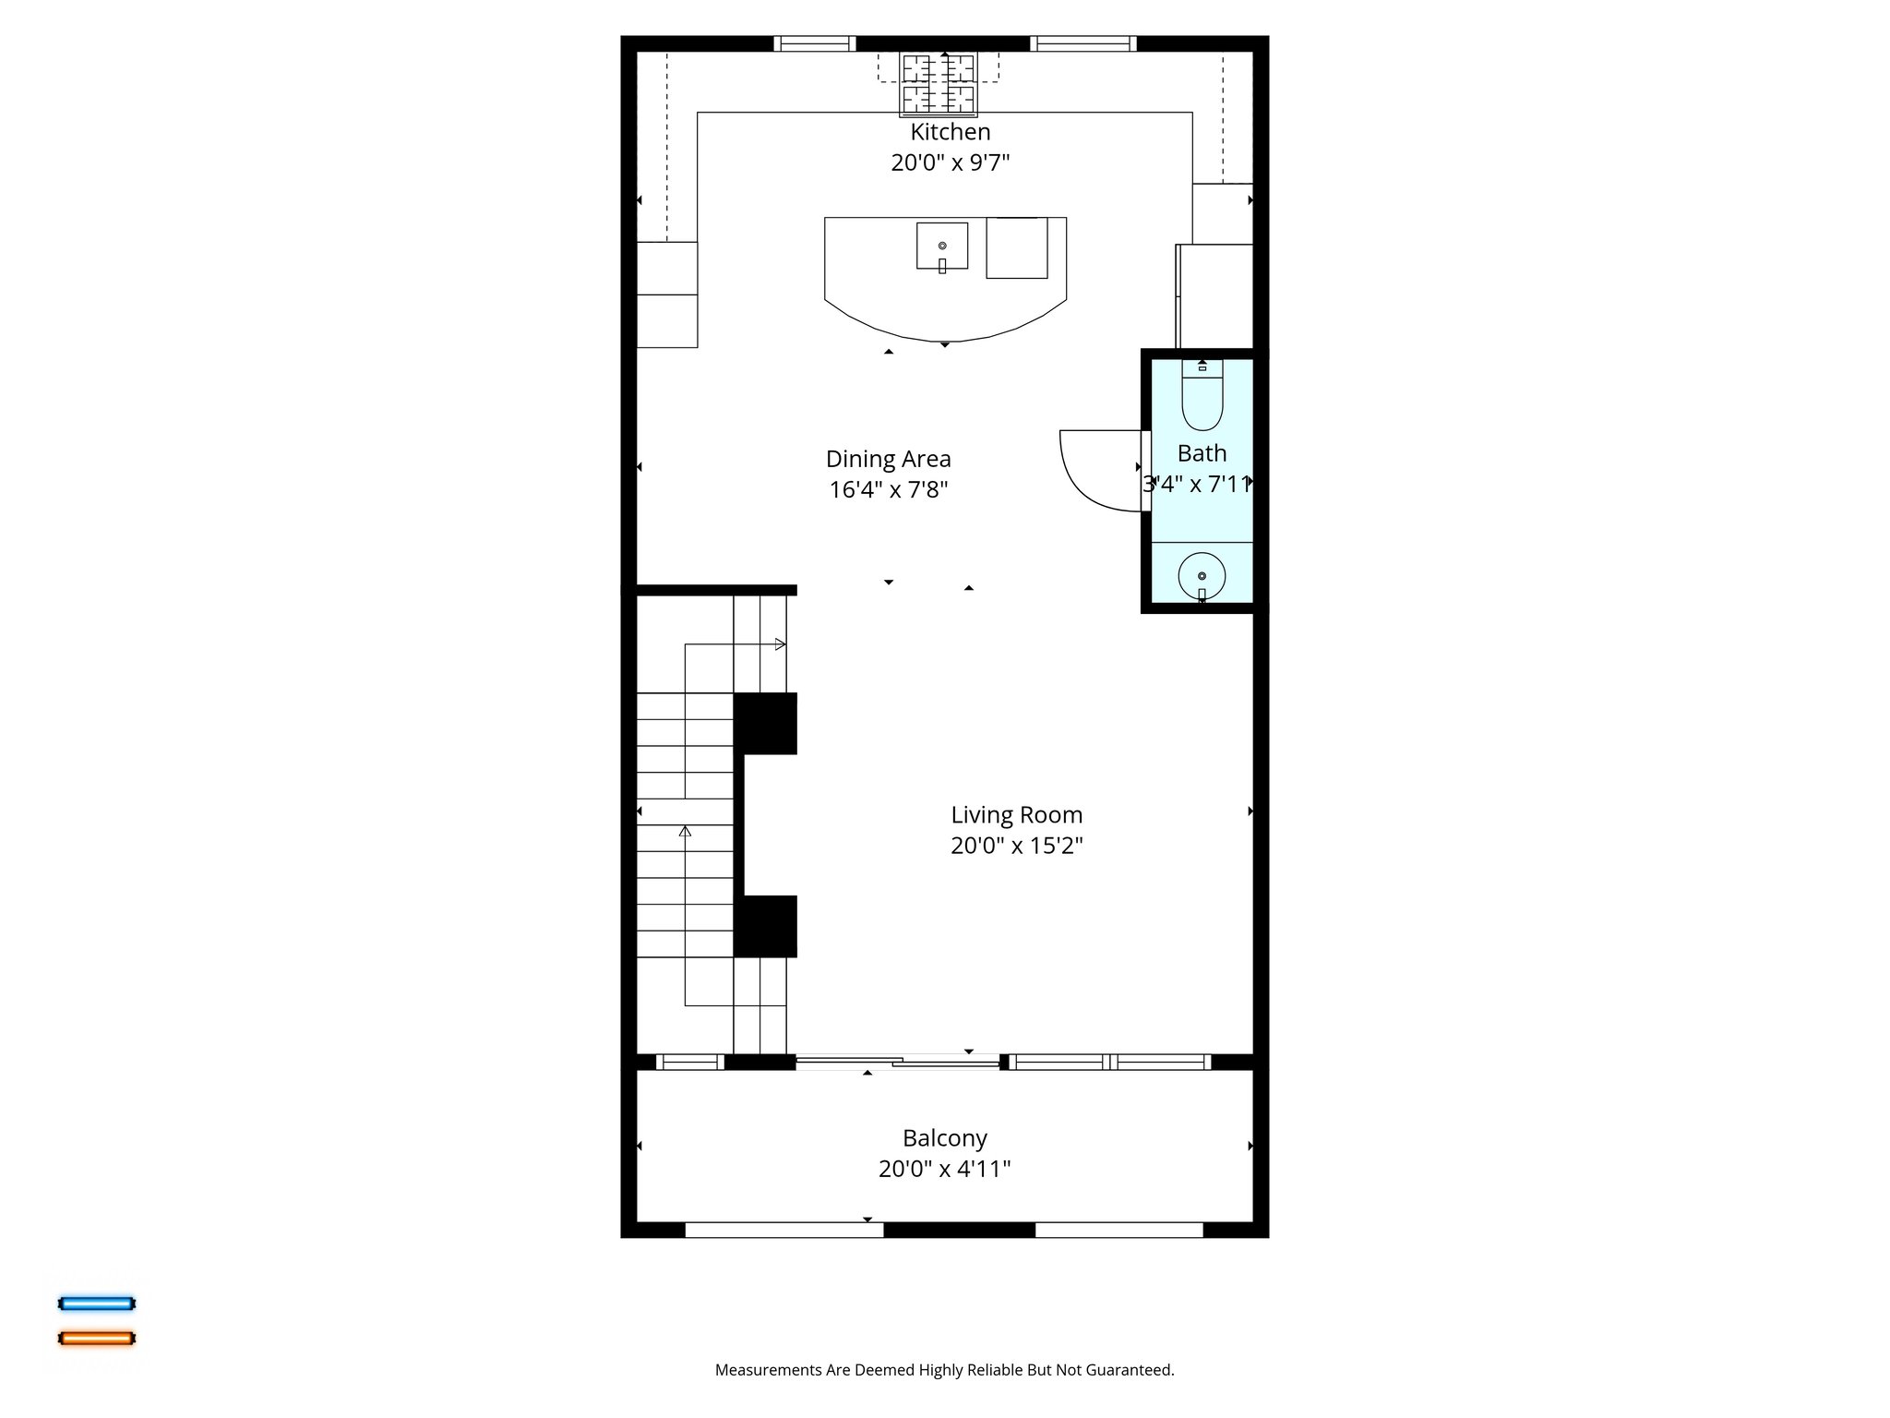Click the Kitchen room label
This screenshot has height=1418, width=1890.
point(950,132)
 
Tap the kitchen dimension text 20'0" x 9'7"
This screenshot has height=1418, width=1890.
point(950,162)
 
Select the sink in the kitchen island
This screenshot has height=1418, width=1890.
point(942,246)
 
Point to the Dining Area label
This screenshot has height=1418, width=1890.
point(888,459)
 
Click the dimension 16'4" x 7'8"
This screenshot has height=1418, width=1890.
point(888,489)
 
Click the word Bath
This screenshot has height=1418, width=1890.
point(1202,453)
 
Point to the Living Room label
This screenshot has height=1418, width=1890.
point(1016,815)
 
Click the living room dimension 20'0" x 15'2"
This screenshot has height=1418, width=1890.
point(1016,846)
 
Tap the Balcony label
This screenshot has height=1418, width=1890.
point(944,1138)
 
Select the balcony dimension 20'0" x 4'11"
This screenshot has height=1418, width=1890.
point(944,1169)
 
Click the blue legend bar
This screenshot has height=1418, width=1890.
point(97,1304)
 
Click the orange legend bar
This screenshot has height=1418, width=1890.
point(97,1338)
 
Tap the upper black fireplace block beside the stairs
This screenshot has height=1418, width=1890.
point(765,724)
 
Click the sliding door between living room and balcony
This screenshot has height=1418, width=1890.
point(897,1062)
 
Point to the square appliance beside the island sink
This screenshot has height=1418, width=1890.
point(1017,247)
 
